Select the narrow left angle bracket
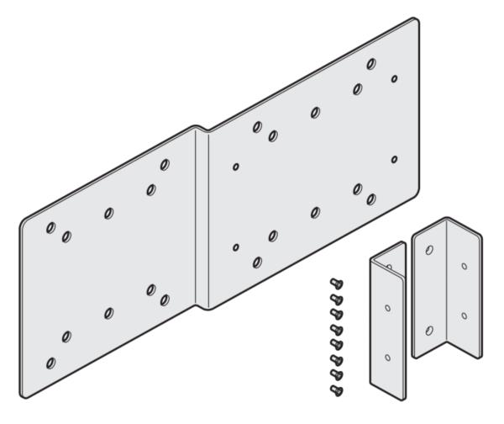[x=387, y=320]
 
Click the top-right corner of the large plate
[x=415, y=21]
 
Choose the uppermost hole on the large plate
[x=371, y=63]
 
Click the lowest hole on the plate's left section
[x=50, y=363]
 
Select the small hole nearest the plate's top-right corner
[x=395, y=79]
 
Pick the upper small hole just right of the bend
[x=236, y=166]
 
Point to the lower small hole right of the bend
[x=236, y=247]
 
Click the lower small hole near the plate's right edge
[x=395, y=159]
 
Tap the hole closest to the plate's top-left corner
[x=50, y=227]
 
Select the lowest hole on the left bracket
[x=387, y=358]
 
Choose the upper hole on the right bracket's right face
[x=464, y=266]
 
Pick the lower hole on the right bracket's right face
[x=464, y=316]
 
